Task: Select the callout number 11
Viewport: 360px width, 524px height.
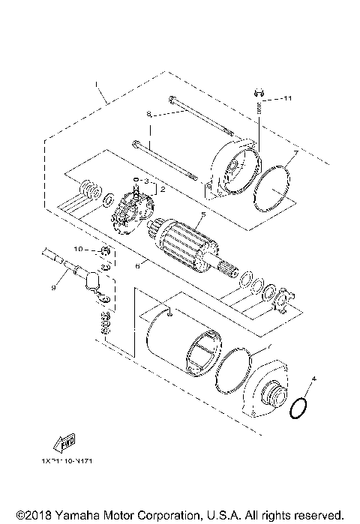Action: click(289, 98)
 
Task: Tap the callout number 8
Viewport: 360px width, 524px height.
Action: click(149, 114)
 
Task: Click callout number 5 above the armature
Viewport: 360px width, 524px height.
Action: click(201, 216)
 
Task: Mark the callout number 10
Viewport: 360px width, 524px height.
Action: click(77, 248)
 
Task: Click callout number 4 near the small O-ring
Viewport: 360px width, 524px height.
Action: click(313, 380)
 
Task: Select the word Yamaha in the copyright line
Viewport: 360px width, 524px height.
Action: click(67, 514)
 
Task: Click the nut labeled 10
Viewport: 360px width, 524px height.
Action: click(105, 250)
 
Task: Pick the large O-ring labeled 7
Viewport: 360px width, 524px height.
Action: click(271, 191)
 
